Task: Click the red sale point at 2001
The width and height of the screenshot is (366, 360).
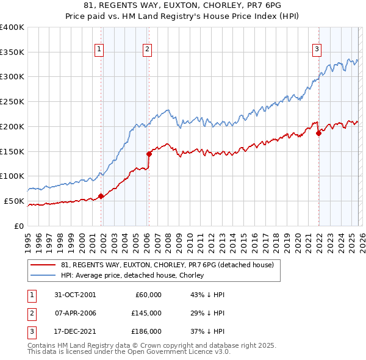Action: point(101,196)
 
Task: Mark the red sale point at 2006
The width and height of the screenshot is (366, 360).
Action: point(149,154)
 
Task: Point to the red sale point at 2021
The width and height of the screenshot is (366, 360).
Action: point(318,133)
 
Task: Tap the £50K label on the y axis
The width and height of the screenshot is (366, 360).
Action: point(15,201)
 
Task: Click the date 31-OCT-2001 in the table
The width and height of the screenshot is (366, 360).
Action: point(75,295)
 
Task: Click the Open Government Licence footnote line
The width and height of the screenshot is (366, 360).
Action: point(129,353)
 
